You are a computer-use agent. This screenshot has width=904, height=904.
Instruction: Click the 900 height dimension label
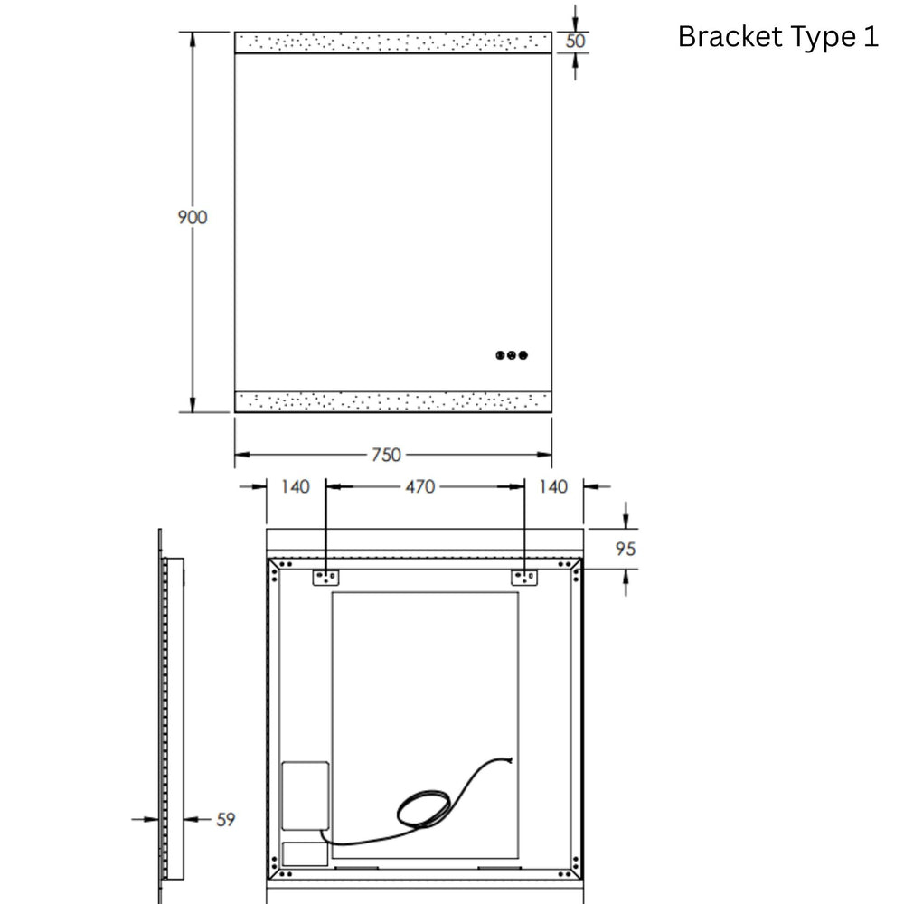[193, 217]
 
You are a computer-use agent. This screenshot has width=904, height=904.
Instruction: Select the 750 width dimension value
[386, 455]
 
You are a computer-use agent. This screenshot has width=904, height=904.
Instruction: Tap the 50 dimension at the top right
[575, 41]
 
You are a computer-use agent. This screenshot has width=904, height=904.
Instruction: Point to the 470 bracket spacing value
[420, 486]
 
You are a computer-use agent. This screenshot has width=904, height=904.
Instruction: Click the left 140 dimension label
[296, 486]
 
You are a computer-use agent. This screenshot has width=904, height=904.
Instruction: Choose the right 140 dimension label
[553, 486]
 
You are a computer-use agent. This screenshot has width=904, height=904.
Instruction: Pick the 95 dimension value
[626, 549]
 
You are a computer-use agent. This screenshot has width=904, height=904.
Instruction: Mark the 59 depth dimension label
[226, 819]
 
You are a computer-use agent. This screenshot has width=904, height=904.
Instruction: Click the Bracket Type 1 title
[778, 37]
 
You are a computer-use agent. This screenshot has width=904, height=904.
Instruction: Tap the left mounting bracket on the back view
[325, 577]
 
